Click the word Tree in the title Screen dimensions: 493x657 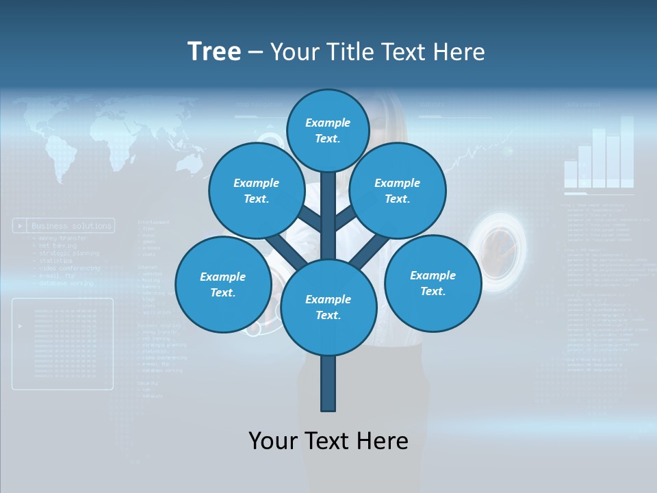(214, 52)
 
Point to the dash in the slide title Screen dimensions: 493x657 (256, 53)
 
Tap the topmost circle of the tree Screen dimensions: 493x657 (328, 130)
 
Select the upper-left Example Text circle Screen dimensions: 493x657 (256, 191)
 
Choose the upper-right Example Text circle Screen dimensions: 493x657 (397, 191)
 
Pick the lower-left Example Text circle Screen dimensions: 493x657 (222, 285)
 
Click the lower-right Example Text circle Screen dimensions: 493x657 (433, 283)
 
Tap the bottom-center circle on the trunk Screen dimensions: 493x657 (328, 307)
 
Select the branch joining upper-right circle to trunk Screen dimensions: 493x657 (346, 218)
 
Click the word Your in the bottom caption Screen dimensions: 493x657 (272, 441)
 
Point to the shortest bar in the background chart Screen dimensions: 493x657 (571, 174)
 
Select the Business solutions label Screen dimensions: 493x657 (71, 225)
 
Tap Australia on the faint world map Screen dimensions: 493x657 (186, 162)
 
